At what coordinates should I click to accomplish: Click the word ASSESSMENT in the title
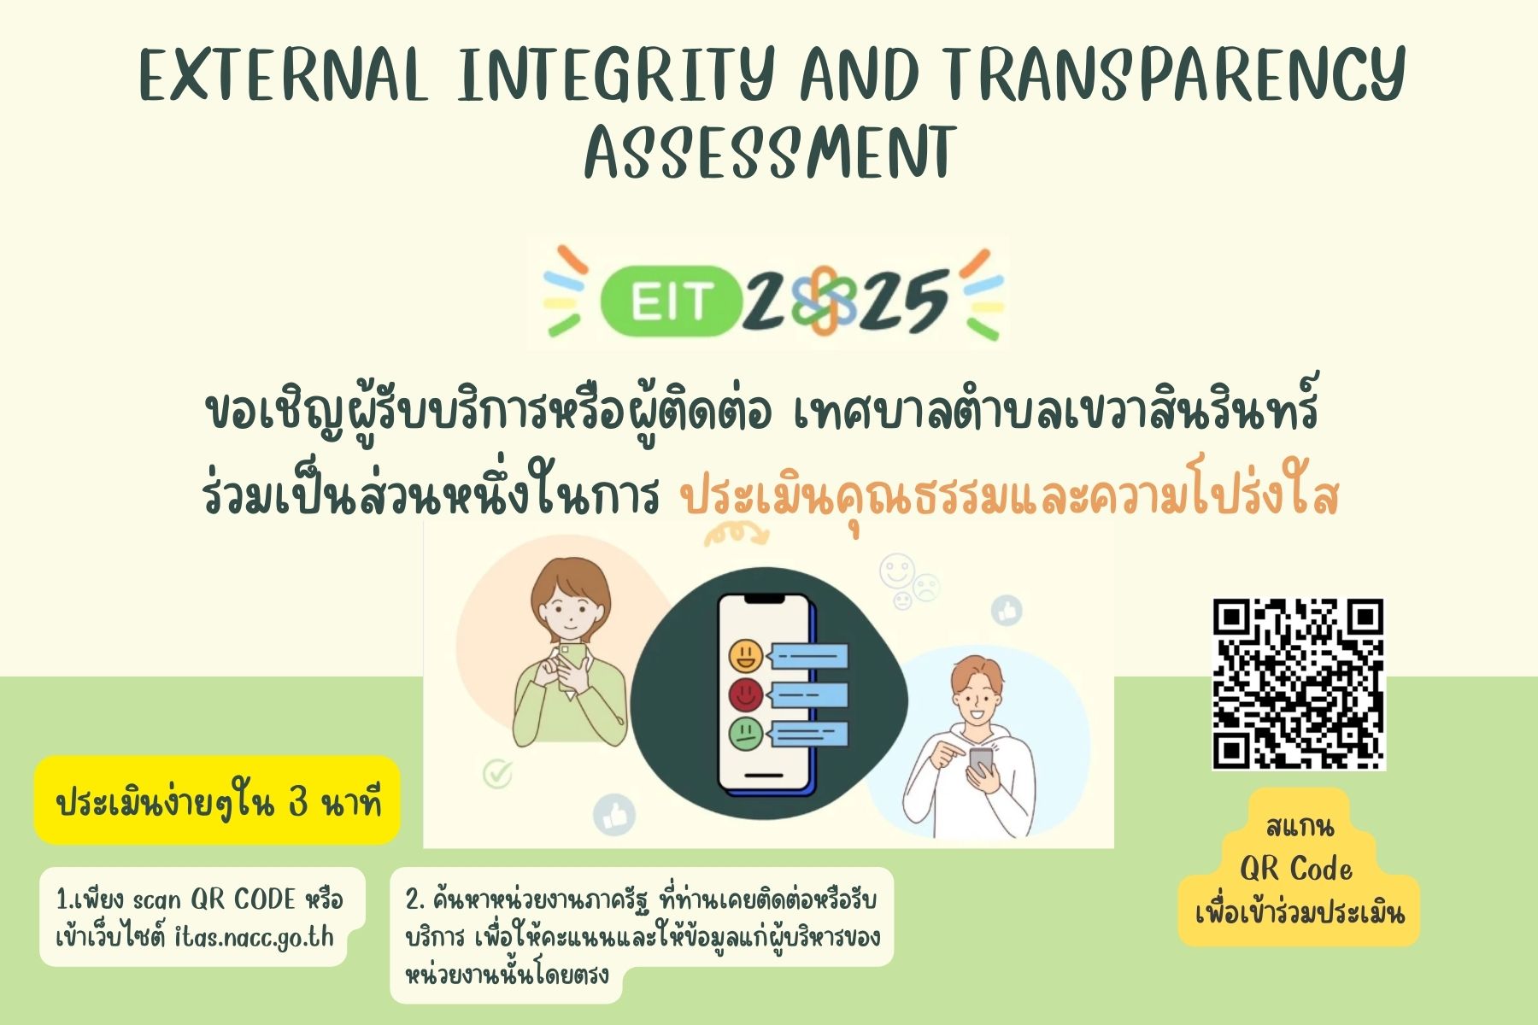770,151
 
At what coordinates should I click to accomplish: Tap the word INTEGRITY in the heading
615,74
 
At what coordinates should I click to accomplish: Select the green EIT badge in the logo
671,300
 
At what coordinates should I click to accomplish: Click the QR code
1298,683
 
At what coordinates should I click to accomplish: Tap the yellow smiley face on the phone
746,655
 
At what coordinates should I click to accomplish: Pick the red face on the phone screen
746,694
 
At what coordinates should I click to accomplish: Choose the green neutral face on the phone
746,733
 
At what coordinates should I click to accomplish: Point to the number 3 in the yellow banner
298,803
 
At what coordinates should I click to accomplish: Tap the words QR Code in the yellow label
1296,869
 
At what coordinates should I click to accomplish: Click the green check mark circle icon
497,774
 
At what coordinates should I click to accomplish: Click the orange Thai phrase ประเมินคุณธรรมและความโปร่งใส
1009,497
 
